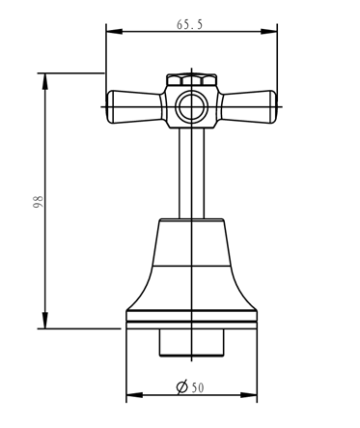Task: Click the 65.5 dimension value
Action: pos(190,24)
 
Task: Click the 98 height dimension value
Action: pos(38,201)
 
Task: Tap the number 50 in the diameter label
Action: pos(198,388)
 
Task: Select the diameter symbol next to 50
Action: pos(182,387)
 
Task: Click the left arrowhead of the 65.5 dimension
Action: pos(114,32)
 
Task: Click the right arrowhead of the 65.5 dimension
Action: pos(269,32)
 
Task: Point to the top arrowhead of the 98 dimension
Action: pos(45,81)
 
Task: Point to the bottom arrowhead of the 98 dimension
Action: pos(45,321)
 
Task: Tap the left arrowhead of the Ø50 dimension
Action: pos(134,395)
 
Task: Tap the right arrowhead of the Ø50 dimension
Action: pos(249,395)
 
